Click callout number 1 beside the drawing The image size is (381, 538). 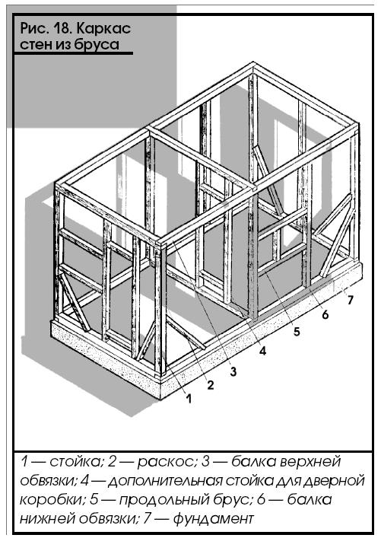click(x=189, y=398)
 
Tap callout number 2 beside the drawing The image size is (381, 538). click(x=210, y=385)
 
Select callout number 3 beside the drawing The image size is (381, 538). click(x=233, y=371)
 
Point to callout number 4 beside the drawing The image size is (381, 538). click(x=262, y=351)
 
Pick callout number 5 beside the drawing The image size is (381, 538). click(x=297, y=331)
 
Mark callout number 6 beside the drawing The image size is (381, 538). click(x=325, y=314)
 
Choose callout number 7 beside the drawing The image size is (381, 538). click(x=350, y=300)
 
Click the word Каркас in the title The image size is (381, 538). click(x=103, y=28)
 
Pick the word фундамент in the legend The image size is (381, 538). click(x=213, y=518)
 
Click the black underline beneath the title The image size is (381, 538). click(x=73, y=53)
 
